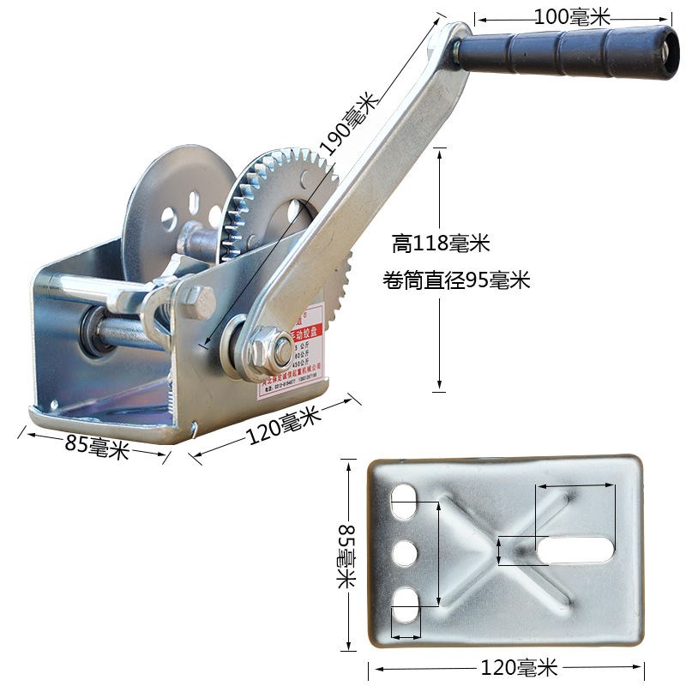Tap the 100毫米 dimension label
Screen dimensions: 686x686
coord(571,15)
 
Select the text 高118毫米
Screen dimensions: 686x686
coord(441,244)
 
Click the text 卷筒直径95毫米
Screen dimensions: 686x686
coord(457,280)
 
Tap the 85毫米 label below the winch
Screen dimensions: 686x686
coord(97,447)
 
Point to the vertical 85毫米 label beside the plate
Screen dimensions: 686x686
coord(346,556)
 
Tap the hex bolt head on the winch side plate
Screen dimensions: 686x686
coord(197,301)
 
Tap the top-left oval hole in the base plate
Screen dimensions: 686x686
coord(406,502)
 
